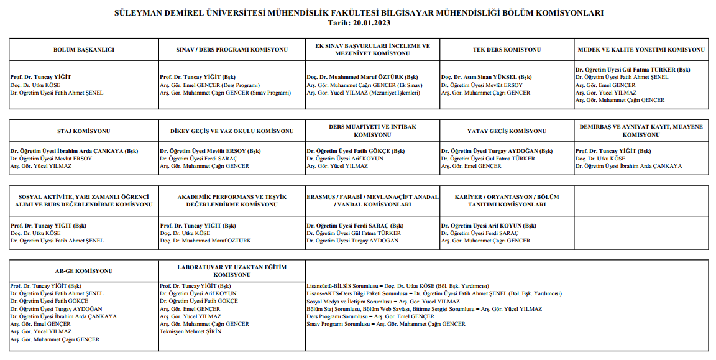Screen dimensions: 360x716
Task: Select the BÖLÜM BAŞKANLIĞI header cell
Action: tap(84, 50)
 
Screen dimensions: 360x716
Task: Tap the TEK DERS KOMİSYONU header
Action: tap(507, 50)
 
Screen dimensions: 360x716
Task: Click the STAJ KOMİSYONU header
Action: tap(84, 131)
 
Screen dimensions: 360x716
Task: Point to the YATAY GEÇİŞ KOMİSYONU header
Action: tap(507, 131)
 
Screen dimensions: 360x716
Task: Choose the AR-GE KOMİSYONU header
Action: tap(84, 271)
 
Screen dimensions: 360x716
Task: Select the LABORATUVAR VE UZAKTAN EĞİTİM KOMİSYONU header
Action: tap(231, 271)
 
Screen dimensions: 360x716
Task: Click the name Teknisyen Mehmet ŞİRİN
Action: tap(191, 331)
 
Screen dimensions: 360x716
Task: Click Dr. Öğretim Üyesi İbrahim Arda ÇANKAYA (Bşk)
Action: tap(74, 151)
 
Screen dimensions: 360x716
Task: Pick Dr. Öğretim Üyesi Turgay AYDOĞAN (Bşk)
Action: tap(497, 151)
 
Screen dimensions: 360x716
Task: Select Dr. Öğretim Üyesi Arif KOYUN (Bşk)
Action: tap(489, 226)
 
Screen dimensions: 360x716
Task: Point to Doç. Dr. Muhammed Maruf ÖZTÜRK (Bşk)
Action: tap(356, 78)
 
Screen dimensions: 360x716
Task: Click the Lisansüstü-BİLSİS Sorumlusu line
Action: tap(401, 286)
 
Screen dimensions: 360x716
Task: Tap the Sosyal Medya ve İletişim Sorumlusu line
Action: tap(383, 301)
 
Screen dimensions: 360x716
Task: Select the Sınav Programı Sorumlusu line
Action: tap(386, 324)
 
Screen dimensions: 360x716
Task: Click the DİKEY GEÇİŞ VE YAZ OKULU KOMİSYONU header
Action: tap(231, 131)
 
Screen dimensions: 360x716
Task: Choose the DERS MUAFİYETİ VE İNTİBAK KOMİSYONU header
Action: tap(372, 131)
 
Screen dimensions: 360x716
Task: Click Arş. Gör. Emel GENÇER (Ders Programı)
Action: tap(209, 85)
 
